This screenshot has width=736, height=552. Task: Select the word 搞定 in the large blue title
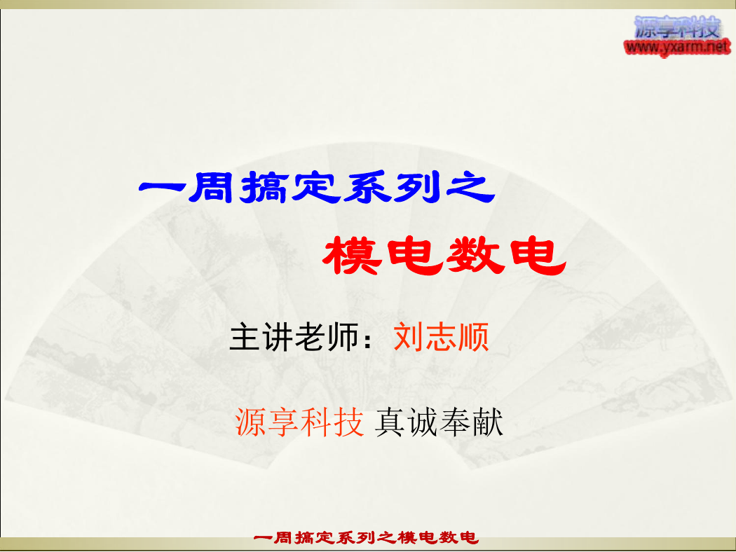tap(289, 187)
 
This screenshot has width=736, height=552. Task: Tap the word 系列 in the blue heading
tap(392, 187)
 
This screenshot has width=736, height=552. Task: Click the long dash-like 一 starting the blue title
tap(162, 189)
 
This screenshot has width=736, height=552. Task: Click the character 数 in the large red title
tap(475, 256)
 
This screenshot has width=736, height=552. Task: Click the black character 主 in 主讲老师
tap(244, 337)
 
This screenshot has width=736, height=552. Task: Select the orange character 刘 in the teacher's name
tap(408, 337)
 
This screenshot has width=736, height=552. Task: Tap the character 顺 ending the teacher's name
tap(474, 337)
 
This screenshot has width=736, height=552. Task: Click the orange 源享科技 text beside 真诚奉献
tap(299, 422)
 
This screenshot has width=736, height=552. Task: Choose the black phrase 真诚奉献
tap(439, 422)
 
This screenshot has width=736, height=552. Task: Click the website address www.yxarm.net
tap(677, 47)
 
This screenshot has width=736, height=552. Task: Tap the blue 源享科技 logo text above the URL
tap(677, 27)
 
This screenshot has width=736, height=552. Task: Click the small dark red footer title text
tap(366, 537)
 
